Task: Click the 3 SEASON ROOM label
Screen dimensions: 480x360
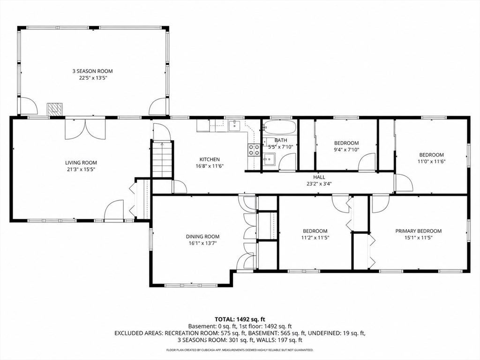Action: (x=92, y=71)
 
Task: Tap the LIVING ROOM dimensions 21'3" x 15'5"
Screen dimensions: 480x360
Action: (x=81, y=169)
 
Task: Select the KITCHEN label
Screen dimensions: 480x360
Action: (x=210, y=159)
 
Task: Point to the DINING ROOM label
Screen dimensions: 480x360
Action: (x=202, y=237)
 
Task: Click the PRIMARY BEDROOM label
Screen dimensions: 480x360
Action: (x=419, y=231)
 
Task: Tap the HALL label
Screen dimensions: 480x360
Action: (x=319, y=177)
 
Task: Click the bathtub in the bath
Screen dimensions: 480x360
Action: (x=280, y=127)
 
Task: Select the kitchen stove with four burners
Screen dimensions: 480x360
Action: (x=254, y=150)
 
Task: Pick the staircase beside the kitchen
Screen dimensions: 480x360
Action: (x=162, y=159)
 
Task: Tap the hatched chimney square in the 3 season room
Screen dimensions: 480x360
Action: (x=55, y=109)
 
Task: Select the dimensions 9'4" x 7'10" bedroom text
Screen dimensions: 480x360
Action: (x=346, y=150)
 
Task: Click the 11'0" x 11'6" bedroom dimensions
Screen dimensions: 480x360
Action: (x=431, y=161)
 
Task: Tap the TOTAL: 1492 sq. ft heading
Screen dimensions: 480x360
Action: (x=240, y=320)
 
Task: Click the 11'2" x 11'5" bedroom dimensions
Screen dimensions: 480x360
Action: (x=315, y=237)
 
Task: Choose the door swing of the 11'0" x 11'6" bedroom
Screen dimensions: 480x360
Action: (x=404, y=183)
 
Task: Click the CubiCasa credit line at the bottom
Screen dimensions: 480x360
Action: (x=240, y=350)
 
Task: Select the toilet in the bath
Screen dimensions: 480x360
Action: (x=265, y=142)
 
